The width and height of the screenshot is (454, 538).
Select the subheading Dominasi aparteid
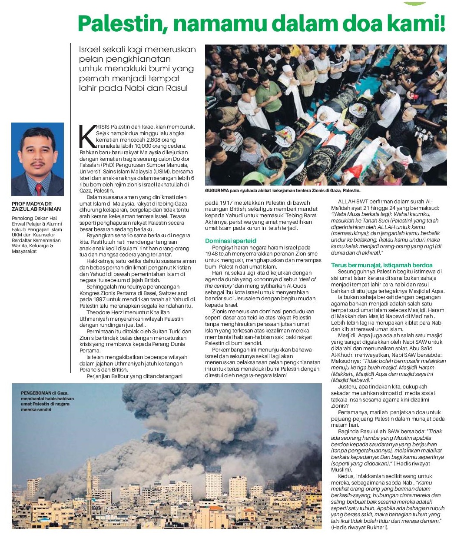(x=230, y=241)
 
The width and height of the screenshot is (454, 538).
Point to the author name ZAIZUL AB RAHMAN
(x=36, y=209)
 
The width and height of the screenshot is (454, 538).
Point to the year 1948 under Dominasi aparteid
(x=213, y=254)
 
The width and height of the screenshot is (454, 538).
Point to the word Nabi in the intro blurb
(x=147, y=88)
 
